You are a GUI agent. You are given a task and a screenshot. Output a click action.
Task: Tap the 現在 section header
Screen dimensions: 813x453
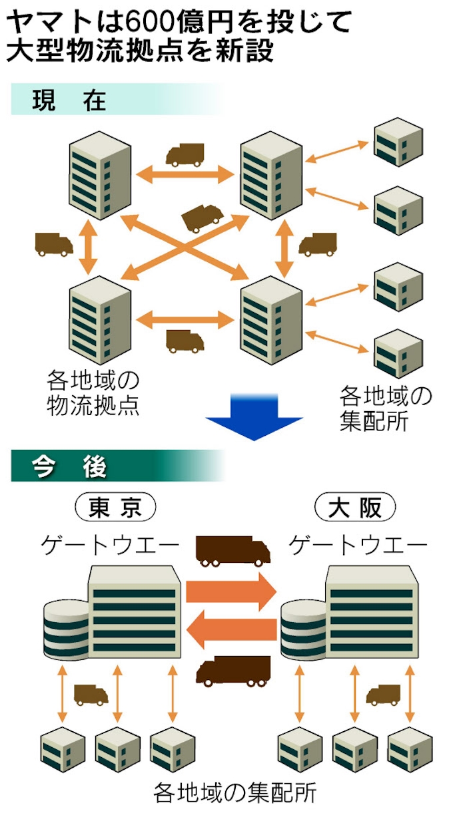click(x=69, y=100)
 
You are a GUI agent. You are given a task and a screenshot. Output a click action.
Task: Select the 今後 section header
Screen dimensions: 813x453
click(x=69, y=468)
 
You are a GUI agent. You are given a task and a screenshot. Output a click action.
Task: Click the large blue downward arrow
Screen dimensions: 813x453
click(x=253, y=416)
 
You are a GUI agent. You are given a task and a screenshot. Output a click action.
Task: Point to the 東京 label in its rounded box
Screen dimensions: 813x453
click(x=116, y=508)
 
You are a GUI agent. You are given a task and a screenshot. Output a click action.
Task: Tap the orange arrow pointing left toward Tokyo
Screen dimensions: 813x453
click(x=231, y=630)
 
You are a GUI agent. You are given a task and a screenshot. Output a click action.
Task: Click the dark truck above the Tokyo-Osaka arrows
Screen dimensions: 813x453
click(x=232, y=551)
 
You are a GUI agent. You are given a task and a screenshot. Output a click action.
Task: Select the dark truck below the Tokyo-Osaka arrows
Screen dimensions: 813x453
click(x=233, y=670)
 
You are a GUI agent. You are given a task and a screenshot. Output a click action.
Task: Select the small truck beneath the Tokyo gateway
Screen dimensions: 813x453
click(x=91, y=695)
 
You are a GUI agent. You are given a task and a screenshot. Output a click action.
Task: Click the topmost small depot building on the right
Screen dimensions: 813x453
click(x=398, y=142)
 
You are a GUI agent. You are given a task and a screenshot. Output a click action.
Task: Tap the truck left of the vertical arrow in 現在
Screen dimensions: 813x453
click(x=54, y=245)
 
